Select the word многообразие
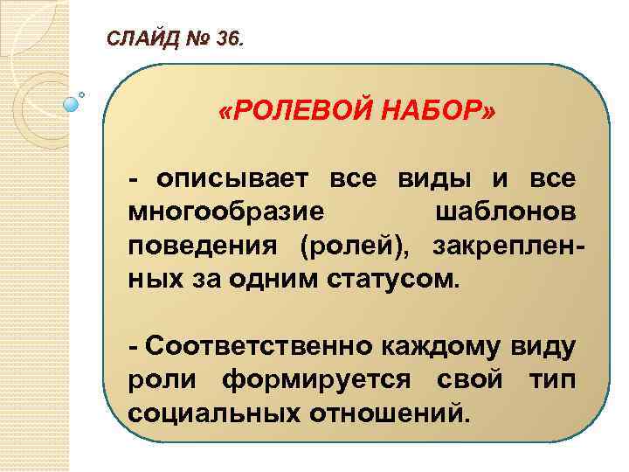tap(228, 212)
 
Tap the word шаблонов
tap(505, 212)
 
